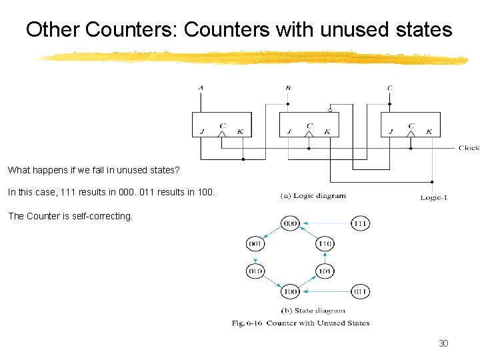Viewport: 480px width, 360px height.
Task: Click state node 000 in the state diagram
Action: [290, 223]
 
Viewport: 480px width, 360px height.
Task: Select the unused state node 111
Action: [361, 223]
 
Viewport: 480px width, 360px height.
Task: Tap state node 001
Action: [256, 245]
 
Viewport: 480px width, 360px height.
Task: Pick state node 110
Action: [325, 245]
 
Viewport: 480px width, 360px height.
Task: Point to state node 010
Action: [256, 271]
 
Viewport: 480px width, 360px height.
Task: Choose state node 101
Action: [325, 271]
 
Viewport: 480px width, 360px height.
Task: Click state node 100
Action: [290, 291]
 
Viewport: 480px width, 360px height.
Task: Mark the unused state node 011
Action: [361, 291]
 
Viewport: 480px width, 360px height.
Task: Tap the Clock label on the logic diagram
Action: [469, 148]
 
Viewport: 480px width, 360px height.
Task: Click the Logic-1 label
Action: [433, 197]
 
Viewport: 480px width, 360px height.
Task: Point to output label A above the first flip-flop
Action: [201, 87]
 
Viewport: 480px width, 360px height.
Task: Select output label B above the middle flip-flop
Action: [288, 87]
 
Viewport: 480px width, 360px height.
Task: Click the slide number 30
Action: [443, 343]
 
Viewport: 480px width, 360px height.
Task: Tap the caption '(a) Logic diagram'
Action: [313, 196]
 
